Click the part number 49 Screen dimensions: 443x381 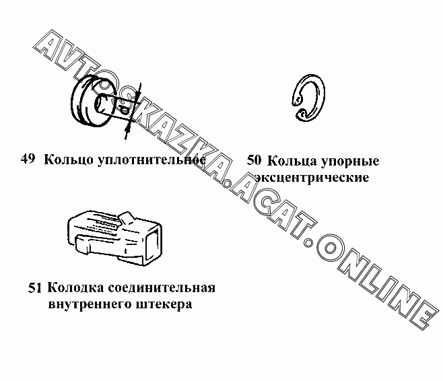pyautogui.click(x=28, y=159)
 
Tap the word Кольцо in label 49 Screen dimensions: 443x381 pyautogui.click(x=69, y=160)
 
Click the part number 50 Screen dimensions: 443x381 pyautogui.click(x=254, y=160)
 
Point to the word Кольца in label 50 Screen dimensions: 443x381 pyautogui.click(x=292, y=162)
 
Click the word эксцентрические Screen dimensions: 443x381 pyautogui.click(x=312, y=178)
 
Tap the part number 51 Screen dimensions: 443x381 pyautogui.click(x=35, y=288)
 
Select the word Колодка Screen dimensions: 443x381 pyautogui.click(x=76, y=289)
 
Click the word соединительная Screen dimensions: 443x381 pyautogui.click(x=162, y=289)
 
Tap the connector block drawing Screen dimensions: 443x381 pyautogui.click(x=114, y=238)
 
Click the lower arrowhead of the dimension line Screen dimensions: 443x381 pyautogui.click(x=128, y=129)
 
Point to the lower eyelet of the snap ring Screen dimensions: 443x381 pyautogui.click(x=301, y=114)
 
